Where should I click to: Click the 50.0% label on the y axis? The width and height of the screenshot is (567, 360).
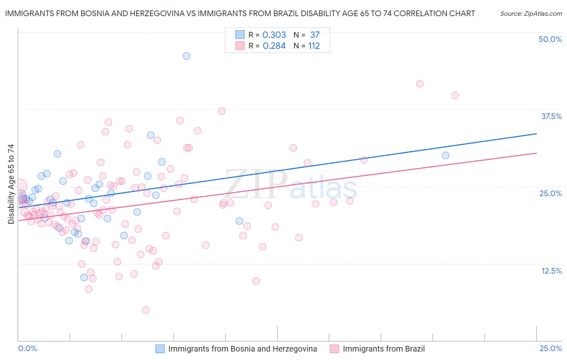(550, 39)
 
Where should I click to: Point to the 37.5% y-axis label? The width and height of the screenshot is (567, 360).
(551, 116)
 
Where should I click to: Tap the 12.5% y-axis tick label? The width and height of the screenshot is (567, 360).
(551, 271)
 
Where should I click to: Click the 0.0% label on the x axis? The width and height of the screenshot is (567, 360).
(28, 348)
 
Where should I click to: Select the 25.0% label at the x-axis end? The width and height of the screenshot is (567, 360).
(550, 348)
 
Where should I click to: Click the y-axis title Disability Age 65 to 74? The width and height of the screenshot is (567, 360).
(11, 184)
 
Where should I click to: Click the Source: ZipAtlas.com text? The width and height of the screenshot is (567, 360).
(531, 13)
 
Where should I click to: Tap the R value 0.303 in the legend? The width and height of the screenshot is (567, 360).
(274, 35)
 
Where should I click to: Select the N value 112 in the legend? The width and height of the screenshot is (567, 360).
(314, 46)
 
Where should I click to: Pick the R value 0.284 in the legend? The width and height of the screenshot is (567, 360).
(274, 46)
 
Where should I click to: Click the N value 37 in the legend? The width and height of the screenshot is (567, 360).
(315, 35)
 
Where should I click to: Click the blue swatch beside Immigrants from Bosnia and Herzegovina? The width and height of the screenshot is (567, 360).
(160, 349)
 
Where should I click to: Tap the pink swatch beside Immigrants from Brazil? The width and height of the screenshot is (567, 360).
(334, 349)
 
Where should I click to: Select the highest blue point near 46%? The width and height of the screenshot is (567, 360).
(186, 56)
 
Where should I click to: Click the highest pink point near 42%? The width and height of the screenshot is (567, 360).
(420, 84)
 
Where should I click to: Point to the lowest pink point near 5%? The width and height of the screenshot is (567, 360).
(146, 310)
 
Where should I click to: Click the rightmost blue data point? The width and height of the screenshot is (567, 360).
(446, 155)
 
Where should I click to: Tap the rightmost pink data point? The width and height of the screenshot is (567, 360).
(455, 96)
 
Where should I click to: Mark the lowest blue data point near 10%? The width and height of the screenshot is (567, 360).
(84, 277)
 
